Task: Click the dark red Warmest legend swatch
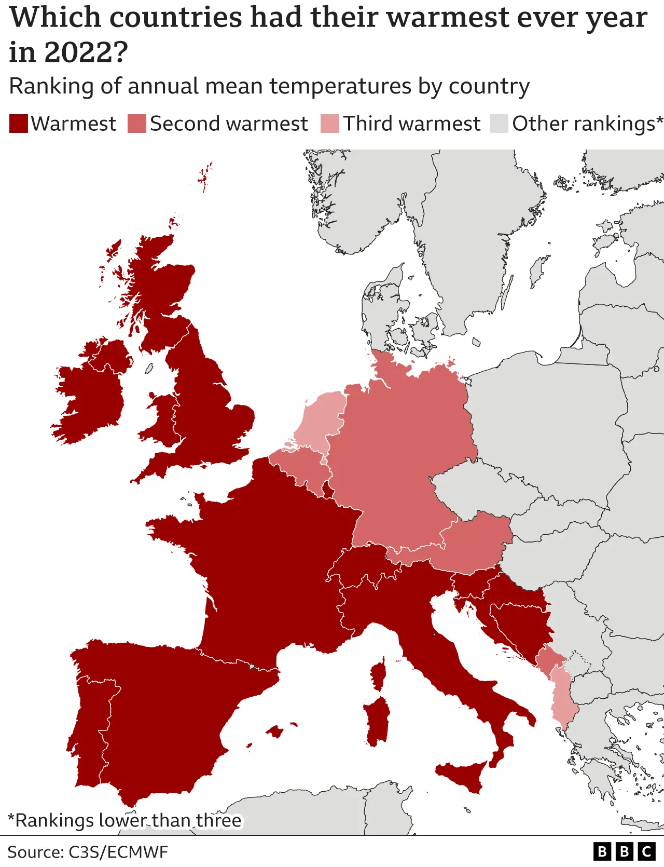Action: pos(19,124)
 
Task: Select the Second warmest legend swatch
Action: pos(137,124)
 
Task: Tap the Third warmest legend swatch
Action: pos(330,124)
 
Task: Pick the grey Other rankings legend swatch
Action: pos(499,124)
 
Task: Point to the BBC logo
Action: pos(624,851)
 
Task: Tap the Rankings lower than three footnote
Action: pos(125,820)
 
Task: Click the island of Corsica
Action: pos(379,675)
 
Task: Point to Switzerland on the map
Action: pos(363,566)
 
